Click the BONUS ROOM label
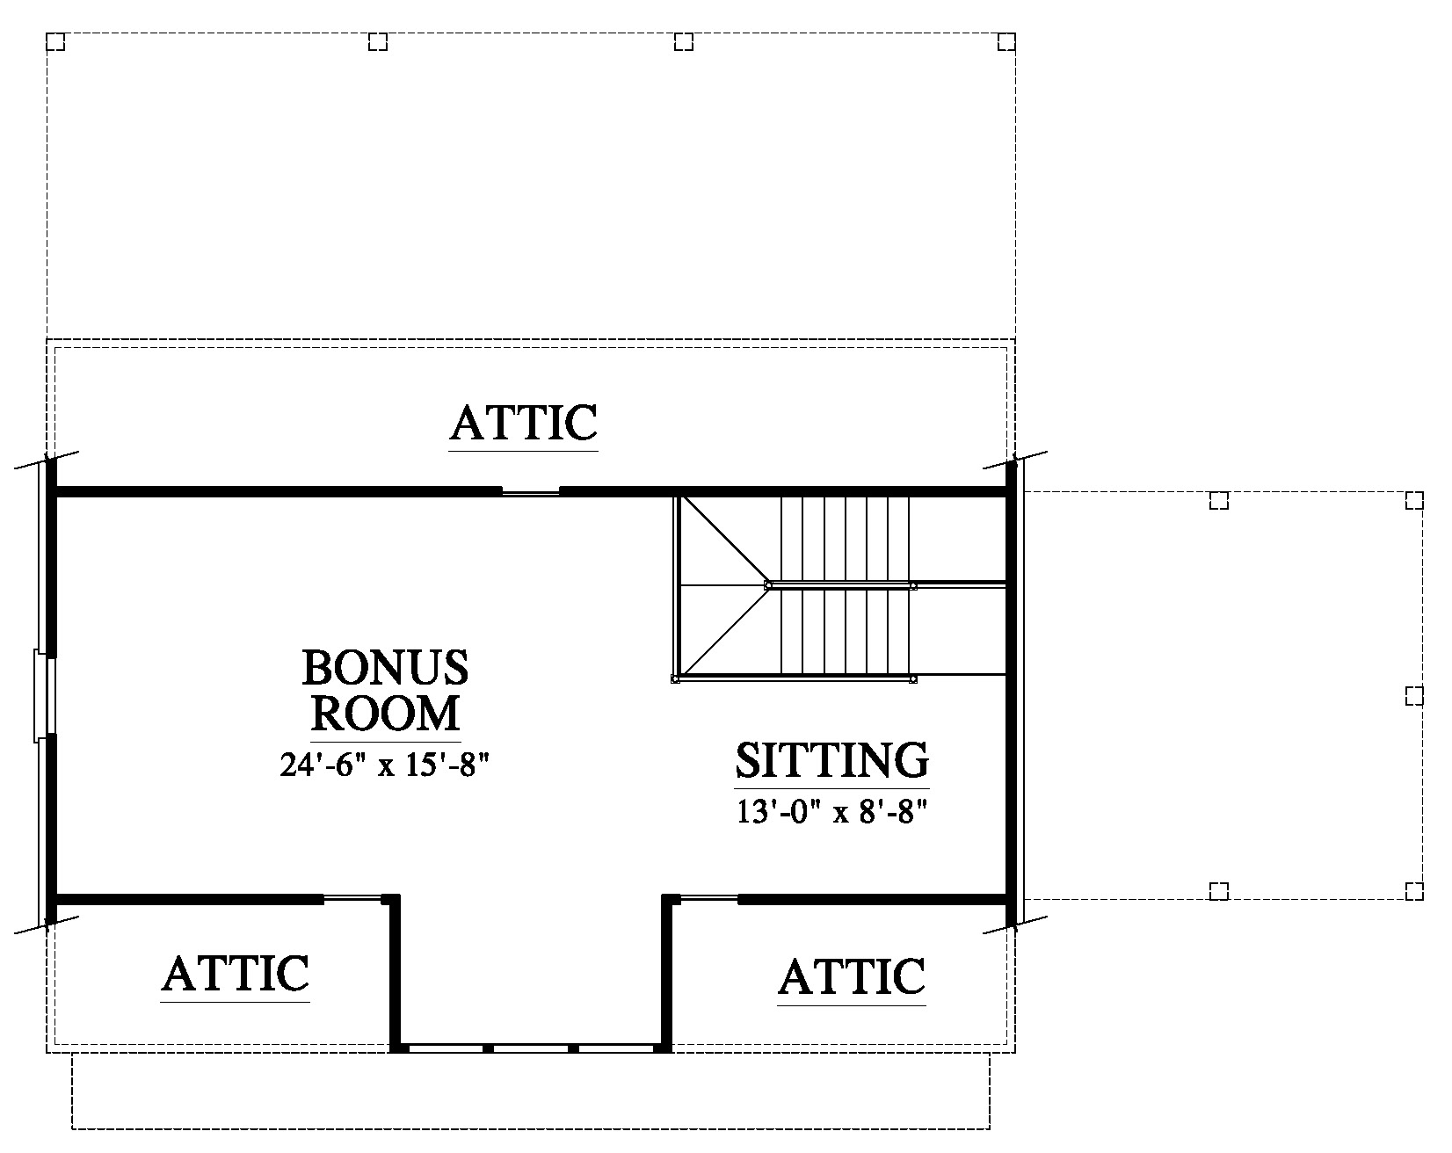coord(385,690)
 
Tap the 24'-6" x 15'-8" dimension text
coord(384,765)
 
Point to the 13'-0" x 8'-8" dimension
coord(832,812)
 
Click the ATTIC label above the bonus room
coord(524,423)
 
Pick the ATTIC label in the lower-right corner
coord(852,976)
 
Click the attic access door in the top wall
coord(531,491)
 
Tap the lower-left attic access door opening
coord(352,898)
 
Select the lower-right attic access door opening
coord(709,898)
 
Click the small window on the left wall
coord(45,694)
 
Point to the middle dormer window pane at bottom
coord(531,1048)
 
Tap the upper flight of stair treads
coord(845,539)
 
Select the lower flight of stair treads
coord(845,632)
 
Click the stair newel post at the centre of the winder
coord(768,584)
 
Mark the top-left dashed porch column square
coord(55,42)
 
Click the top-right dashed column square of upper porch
coord(1006,42)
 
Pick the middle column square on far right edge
coord(1413,696)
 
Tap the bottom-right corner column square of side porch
coord(1413,891)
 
